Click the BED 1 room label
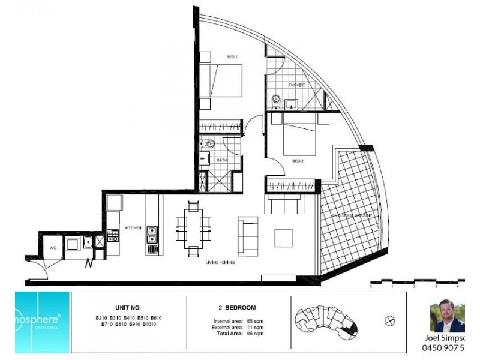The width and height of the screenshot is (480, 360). [x=232, y=57]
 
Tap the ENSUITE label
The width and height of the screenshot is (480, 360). [x=296, y=85]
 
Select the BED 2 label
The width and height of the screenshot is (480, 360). [x=298, y=161]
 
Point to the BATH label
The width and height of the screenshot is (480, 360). [x=221, y=160]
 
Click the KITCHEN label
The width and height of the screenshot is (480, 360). [x=133, y=228]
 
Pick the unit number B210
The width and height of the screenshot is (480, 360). [x=103, y=317]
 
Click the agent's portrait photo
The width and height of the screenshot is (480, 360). [x=447, y=316]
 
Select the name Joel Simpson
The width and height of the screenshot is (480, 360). [x=445, y=337]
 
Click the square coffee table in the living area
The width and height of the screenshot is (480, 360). [x=284, y=238]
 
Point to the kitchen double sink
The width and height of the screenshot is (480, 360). [x=152, y=235]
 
